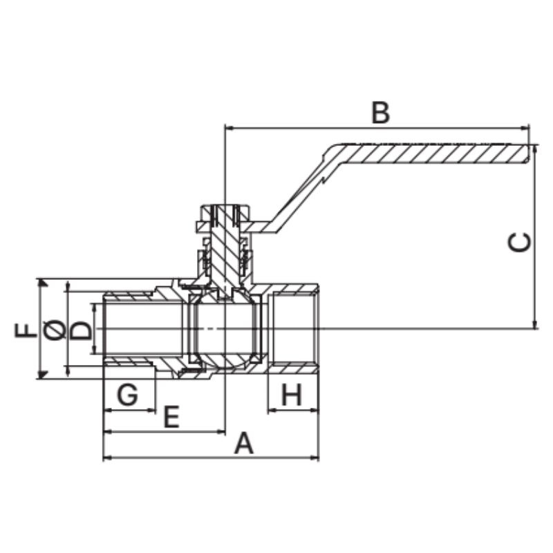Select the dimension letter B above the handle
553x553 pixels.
pos(381,113)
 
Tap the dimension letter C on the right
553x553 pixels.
pos(519,243)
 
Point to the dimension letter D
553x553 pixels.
pos(81,330)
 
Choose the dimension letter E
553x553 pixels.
pos(171,417)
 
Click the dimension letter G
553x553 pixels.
pos(127,395)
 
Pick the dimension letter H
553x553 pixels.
pos(292,395)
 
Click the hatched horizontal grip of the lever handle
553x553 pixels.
pos(434,153)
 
